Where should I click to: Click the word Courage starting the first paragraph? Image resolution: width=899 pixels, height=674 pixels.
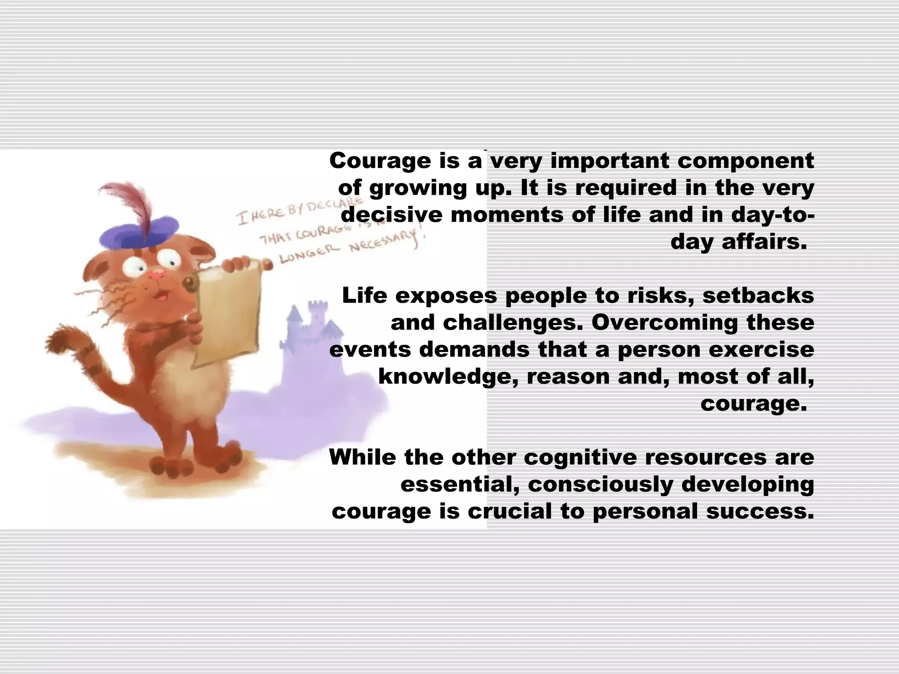(380, 161)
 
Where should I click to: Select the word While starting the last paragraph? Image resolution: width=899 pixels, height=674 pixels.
(363, 457)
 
